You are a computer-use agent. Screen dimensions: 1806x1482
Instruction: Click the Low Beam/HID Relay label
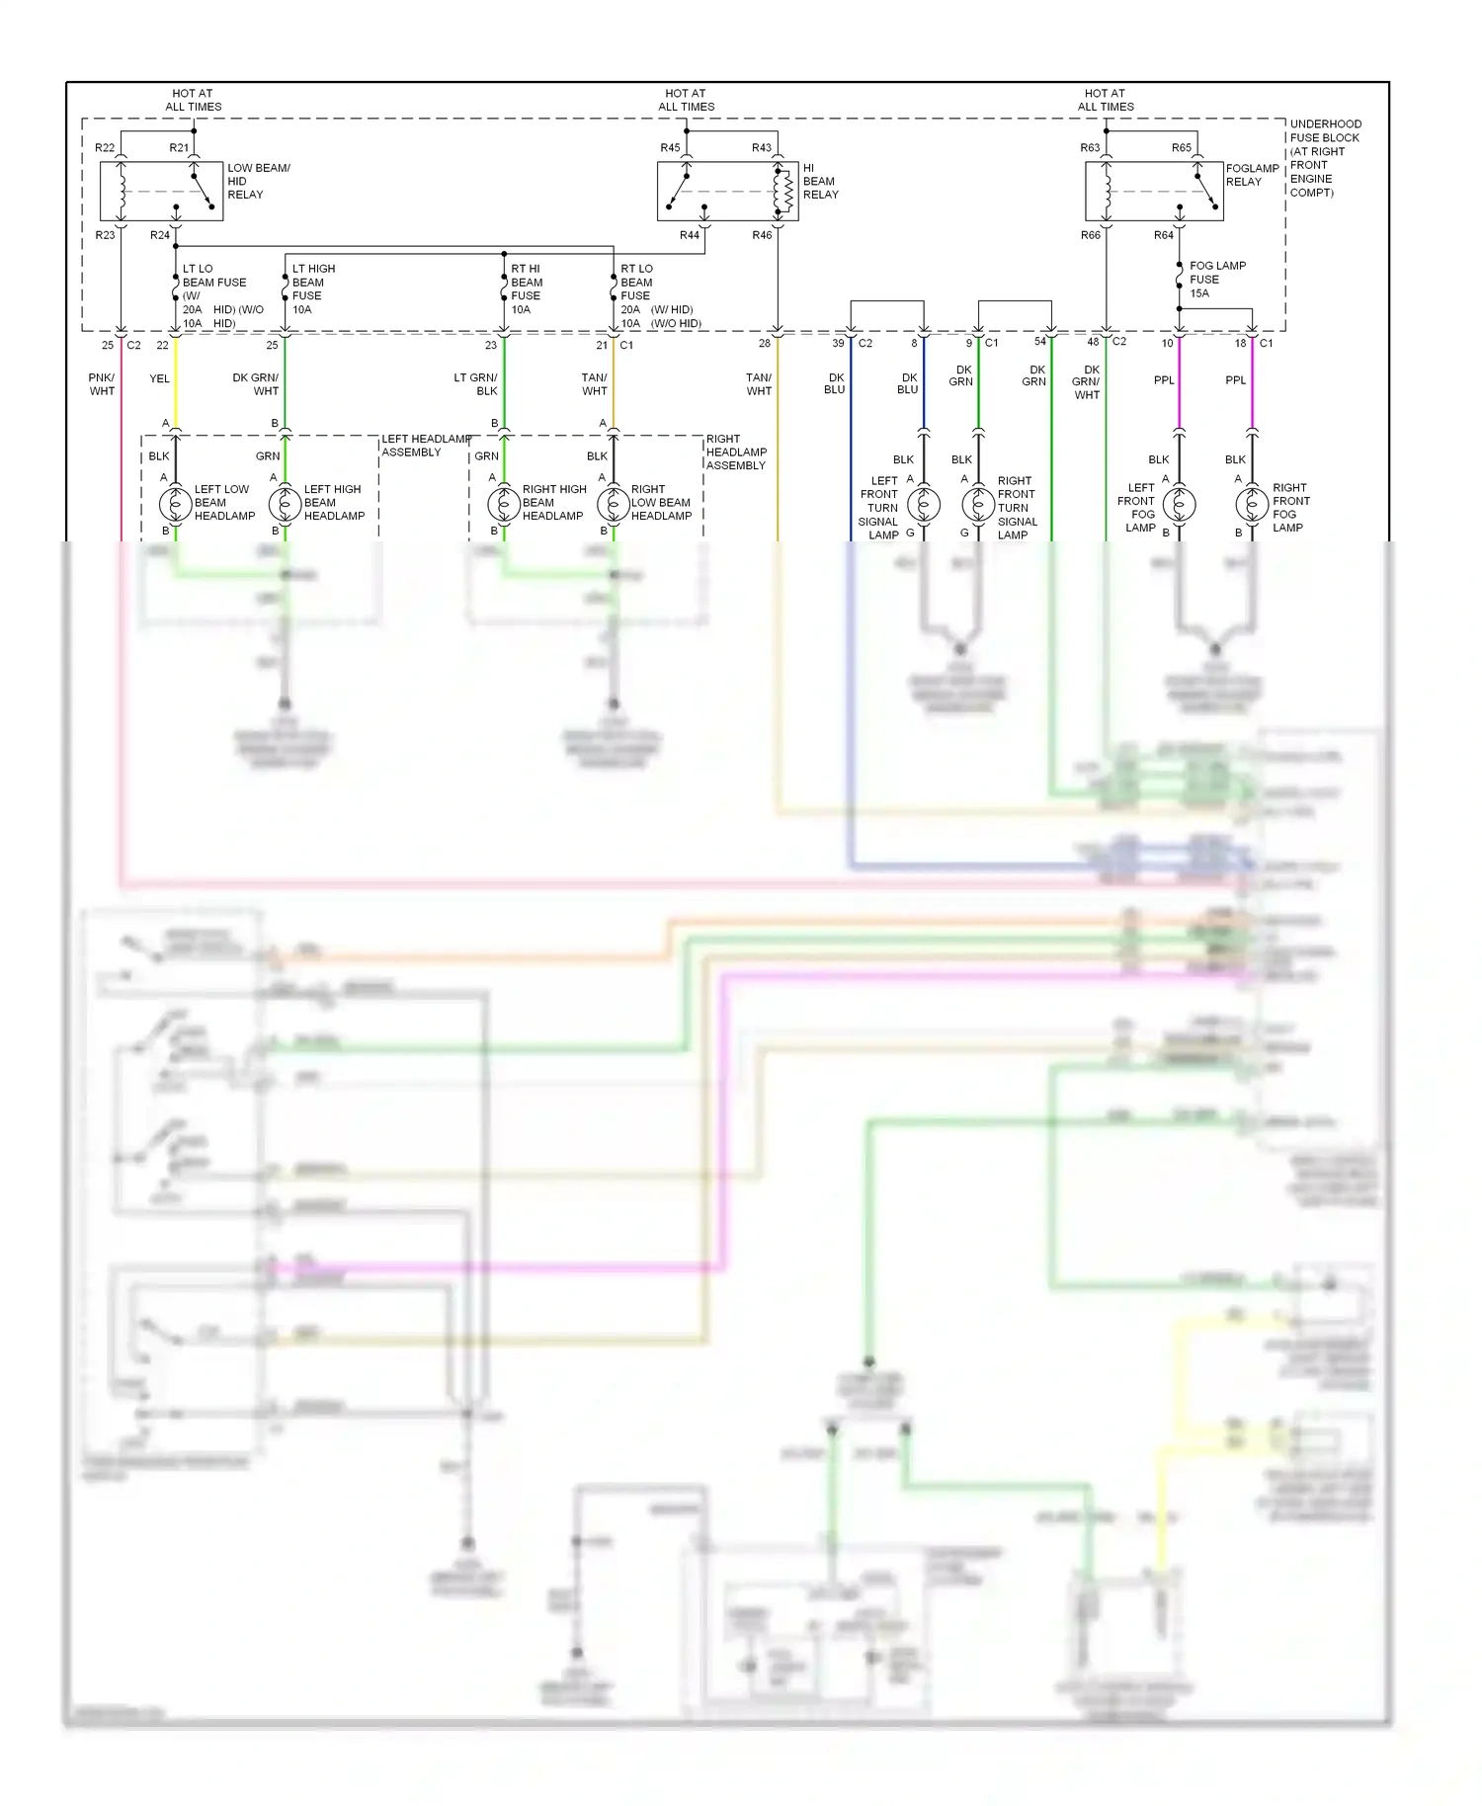click(x=259, y=181)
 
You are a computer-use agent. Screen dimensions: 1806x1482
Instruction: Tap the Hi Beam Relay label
click(x=820, y=181)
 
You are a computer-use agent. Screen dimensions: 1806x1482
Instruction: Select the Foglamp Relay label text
click(x=1252, y=175)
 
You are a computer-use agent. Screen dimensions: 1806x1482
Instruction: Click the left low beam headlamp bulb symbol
click(x=176, y=504)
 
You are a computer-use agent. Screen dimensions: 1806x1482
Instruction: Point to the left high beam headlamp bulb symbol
click(x=286, y=504)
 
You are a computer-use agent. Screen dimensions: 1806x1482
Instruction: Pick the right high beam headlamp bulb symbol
click(x=504, y=504)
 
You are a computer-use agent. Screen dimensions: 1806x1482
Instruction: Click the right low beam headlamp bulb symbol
click(x=614, y=504)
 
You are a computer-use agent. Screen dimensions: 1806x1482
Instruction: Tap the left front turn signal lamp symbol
click(x=924, y=504)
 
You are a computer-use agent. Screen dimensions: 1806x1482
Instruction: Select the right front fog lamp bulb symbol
click(x=1252, y=504)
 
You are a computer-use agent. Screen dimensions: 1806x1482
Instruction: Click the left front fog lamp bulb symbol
click(x=1179, y=504)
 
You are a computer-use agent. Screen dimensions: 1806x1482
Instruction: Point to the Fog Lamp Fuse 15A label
click(x=1216, y=280)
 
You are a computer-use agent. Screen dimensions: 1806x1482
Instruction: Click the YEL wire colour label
click(x=159, y=378)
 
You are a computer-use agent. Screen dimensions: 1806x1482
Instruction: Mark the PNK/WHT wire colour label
click(x=102, y=384)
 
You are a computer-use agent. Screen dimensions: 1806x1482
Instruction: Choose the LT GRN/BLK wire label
click(x=475, y=384)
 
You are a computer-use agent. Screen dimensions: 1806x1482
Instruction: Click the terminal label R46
click(x=762, y=235)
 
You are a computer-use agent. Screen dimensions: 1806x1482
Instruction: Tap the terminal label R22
click(x=105, y=148)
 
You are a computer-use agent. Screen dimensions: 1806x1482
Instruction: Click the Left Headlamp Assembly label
click(x=425, y=446)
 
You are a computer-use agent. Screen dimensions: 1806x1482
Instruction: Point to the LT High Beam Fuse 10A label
click(x=313, y=288)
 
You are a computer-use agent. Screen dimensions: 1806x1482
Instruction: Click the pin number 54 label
click(x=1039, y=342)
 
